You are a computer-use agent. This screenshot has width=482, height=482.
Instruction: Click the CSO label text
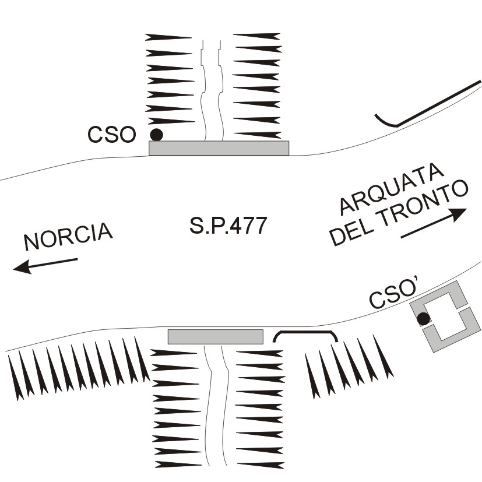coord(111,135)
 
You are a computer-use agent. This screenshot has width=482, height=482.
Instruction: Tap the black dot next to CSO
coord(156,135)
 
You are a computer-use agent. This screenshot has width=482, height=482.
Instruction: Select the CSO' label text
coord(395,295)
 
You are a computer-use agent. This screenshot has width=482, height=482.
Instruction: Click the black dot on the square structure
coord(424,318)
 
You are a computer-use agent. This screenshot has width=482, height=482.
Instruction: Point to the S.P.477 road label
coord(228,226)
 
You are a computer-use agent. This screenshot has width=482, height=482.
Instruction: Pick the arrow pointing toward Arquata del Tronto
coord(434,224)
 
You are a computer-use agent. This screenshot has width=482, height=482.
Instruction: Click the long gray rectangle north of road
coord(219,148)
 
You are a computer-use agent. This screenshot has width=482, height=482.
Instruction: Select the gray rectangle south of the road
coord(215,336)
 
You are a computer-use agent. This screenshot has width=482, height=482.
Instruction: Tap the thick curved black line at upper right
coord(428,105)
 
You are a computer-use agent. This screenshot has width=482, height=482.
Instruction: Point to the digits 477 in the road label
coord(247,226)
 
